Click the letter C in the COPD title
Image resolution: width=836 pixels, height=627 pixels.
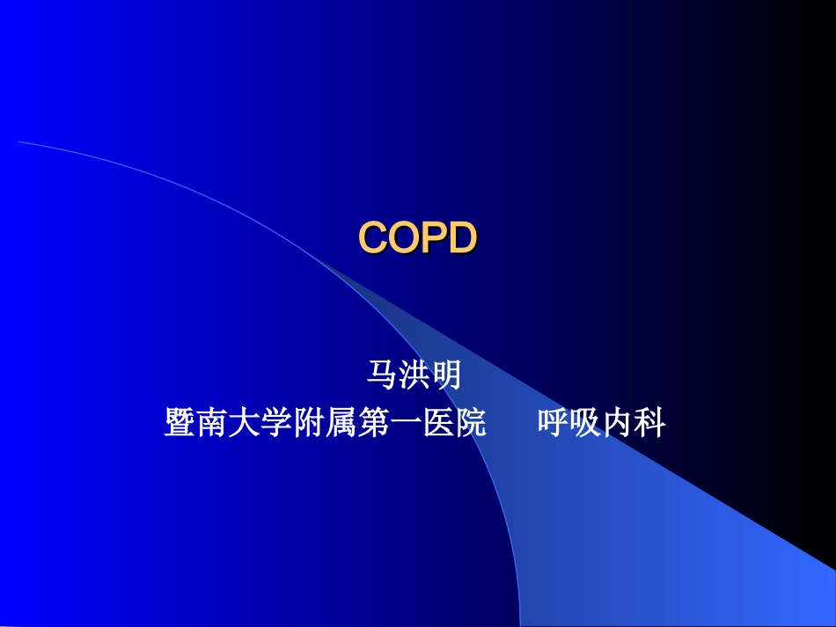(374, 237)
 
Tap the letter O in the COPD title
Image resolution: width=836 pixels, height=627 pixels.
(405, 237)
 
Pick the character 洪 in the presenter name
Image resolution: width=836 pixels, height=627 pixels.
(413, 375)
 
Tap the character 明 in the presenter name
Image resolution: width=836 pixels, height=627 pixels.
(445, 375)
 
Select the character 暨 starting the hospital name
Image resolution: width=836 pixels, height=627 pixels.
(180, 423)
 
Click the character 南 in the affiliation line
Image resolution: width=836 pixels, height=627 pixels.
(212, 423)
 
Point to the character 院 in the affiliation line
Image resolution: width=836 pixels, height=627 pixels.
(471, 423)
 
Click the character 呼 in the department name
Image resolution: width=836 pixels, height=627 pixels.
(553, 423)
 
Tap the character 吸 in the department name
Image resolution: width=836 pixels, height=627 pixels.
(585, 423)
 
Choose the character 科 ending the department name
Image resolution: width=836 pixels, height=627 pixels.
(650, 423)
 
